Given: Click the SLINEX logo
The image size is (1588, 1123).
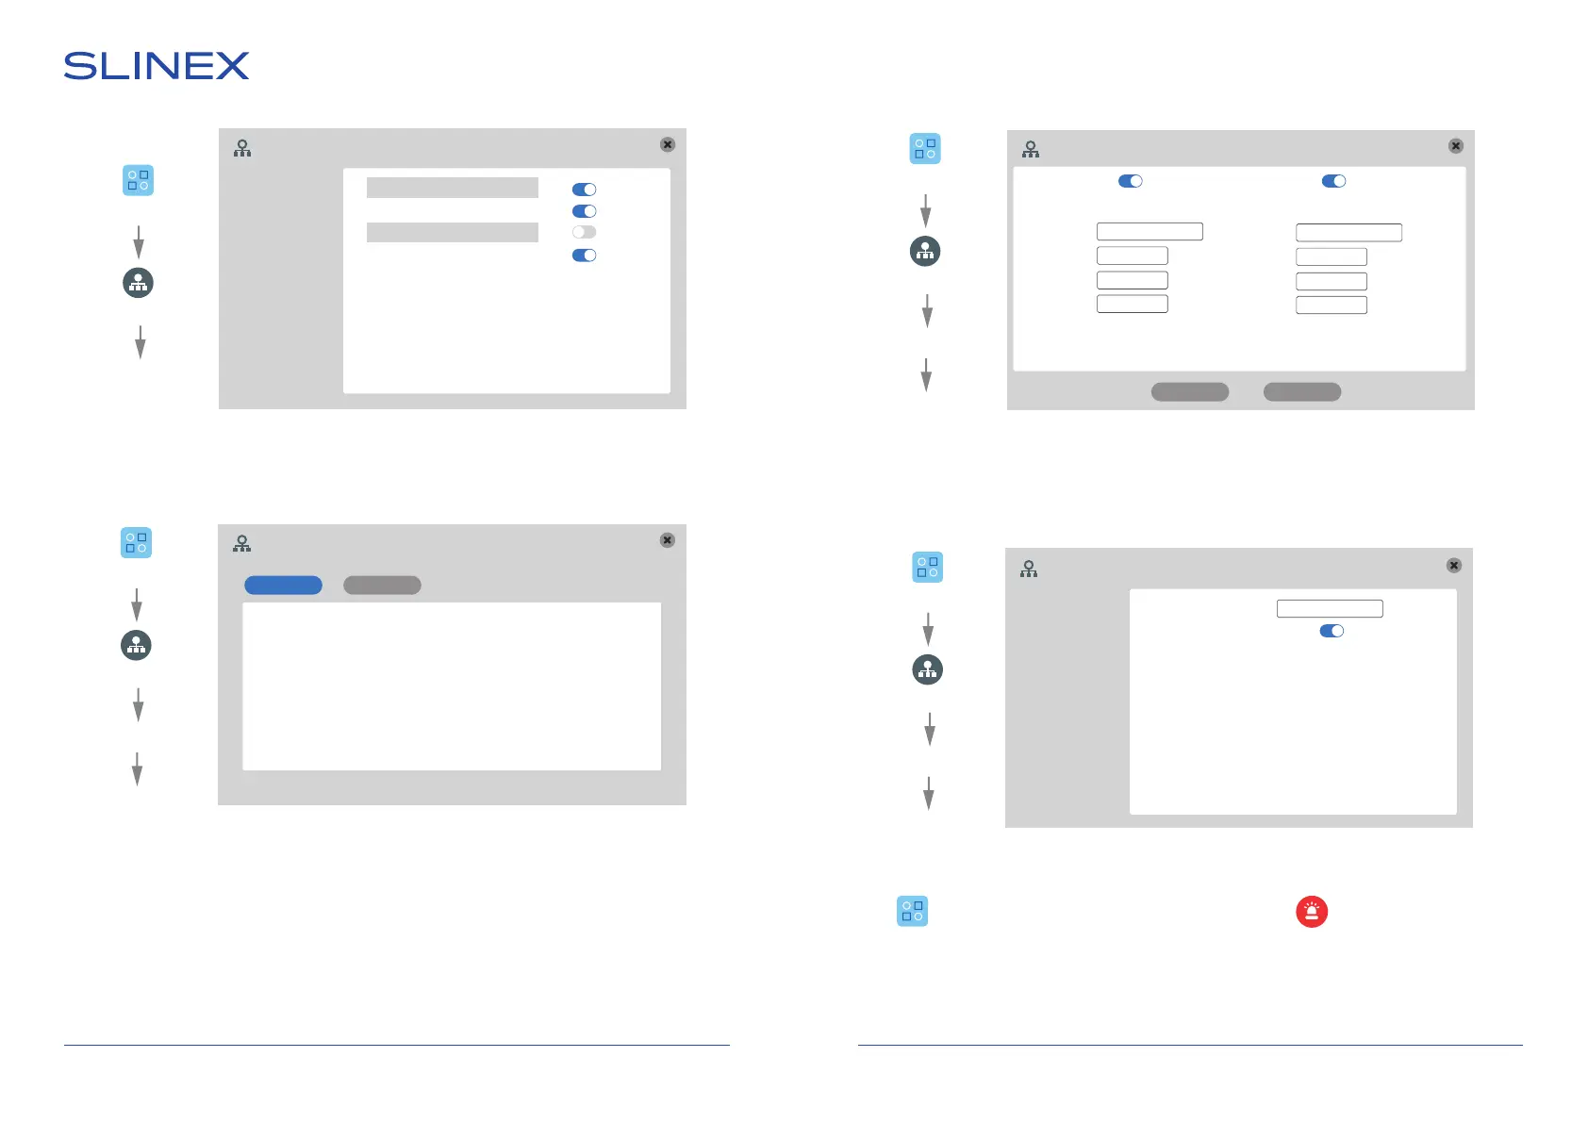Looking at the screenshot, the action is (157, 66).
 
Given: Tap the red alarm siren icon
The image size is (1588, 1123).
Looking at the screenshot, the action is (1311, 912).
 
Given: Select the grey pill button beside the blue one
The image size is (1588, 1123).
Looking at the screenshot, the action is (382, 586).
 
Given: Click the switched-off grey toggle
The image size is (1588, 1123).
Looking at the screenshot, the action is (584, 232).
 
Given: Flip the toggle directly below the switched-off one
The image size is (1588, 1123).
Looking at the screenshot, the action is (584, 256).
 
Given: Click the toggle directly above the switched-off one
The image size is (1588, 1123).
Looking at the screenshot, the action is (584, 211).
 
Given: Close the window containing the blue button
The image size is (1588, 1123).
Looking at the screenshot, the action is (667, 540).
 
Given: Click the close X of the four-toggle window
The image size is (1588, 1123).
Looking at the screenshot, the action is (667, 144).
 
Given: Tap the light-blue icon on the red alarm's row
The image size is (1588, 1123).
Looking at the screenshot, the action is (912, 912).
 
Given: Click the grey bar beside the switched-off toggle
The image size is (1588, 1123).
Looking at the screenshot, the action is (452, 232).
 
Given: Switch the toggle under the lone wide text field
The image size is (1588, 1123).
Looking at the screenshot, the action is (1331, 631).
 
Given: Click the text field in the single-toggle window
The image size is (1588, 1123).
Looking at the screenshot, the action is (1329, 609).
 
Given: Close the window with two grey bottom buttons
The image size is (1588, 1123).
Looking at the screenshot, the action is (1455, 146).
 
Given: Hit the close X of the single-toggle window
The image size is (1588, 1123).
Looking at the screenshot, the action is (1453, 566).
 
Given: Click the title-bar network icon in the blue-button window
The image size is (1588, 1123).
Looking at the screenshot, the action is (242, 543).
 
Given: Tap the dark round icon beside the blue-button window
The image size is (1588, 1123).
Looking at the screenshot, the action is (136, 645).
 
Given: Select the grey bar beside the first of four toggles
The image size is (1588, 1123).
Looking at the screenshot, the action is (452, 188).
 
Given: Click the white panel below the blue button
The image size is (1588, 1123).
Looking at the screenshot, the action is (451, 686).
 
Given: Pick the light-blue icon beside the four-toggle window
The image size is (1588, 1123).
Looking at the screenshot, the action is (138, 180).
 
